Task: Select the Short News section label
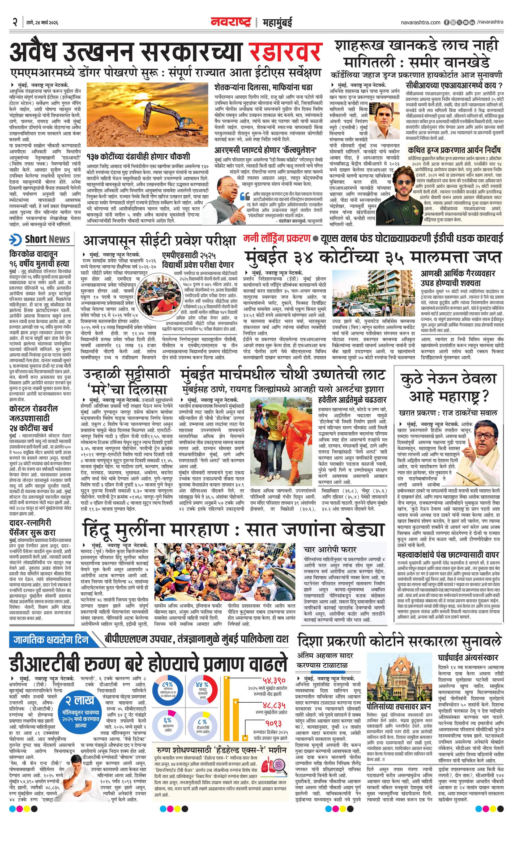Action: click(x=47, y=239)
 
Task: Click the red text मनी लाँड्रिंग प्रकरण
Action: click(x=277, y=238)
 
